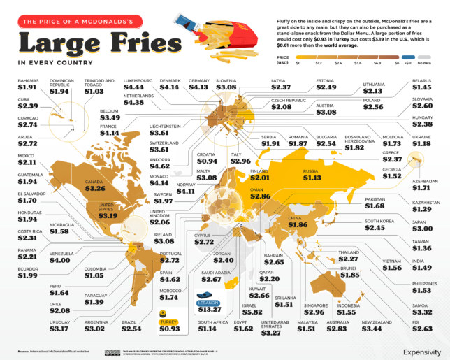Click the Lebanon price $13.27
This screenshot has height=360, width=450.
click(210, 310)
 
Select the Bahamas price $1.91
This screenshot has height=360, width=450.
click(27, 89)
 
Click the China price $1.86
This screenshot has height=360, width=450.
click(298, 225)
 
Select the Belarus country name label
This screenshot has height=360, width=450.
click(421, 81)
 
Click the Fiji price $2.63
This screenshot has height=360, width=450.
click(422, 329)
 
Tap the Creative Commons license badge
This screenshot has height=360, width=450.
click(112, 352)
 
